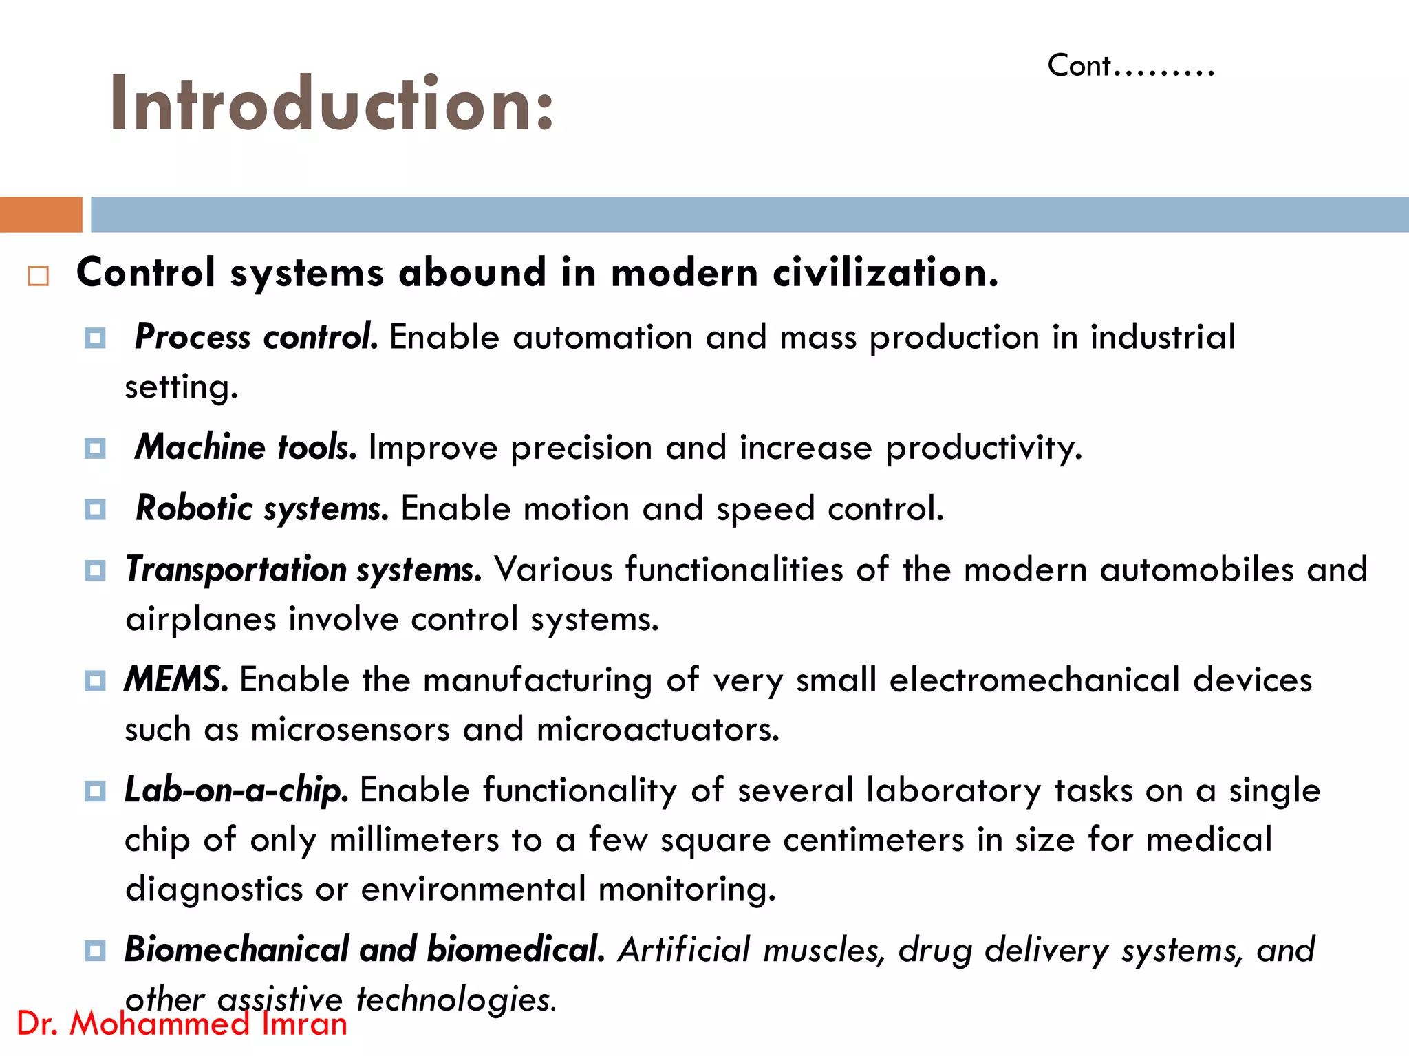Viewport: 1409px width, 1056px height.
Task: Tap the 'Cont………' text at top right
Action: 1130,67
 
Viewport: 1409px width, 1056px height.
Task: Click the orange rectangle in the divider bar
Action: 41,215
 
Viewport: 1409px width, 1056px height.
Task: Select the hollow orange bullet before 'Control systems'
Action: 39,277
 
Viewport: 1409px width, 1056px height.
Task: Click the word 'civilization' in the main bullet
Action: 885,272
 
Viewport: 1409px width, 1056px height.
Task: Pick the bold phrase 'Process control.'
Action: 256,337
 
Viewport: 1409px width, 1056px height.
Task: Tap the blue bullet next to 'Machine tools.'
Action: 95,449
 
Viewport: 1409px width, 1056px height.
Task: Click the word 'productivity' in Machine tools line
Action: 983,449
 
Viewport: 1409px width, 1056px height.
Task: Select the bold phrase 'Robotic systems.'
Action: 262,509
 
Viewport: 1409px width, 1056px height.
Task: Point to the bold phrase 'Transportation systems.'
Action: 303,570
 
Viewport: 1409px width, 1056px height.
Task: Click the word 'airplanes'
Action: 200,619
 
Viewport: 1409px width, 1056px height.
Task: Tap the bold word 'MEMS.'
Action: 176,680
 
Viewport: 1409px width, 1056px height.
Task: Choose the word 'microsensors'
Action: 349,729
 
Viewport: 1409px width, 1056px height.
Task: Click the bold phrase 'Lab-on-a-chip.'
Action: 236,790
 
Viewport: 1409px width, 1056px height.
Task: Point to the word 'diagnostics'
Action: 214,889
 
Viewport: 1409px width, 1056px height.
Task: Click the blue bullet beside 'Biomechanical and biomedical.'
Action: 95,951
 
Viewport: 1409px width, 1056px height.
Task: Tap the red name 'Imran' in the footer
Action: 304,1024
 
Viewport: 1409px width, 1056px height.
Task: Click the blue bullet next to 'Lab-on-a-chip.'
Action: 95,790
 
